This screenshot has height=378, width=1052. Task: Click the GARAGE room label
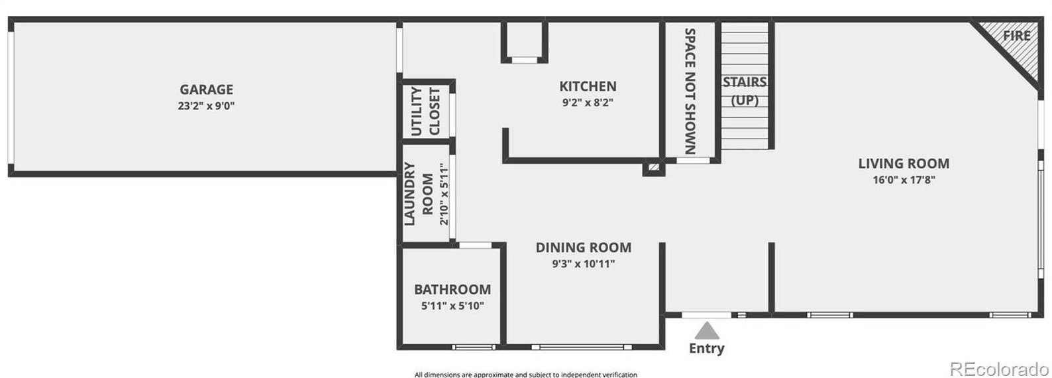(206, 90)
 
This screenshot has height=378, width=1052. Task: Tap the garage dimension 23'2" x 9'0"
(206, 105)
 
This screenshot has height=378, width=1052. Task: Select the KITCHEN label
(588, 86)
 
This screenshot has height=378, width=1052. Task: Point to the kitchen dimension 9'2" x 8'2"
(588, 103)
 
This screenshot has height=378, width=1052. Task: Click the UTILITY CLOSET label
(425, 111)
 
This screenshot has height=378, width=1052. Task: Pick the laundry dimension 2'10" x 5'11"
(444, 194)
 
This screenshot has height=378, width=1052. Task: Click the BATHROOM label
(452, 290)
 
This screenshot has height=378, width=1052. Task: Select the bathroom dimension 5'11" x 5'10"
(452, 306)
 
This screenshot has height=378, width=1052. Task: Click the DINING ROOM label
(583, 247)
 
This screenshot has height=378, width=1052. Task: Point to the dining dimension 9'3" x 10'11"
(583, 264)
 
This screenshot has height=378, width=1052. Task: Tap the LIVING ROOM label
(904, 163)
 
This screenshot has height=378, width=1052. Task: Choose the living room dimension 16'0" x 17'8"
(904, 180)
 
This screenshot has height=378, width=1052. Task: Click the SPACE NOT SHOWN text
(690, 91)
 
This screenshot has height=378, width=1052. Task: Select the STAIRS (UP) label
(745, 91)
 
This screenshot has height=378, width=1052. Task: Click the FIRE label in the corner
(1016, 36)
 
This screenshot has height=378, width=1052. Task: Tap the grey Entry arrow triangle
(707, 330)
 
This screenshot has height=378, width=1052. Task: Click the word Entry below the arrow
(707, 348)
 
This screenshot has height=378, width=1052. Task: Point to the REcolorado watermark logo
(999, 368)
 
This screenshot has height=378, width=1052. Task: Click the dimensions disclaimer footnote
(525, 375)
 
